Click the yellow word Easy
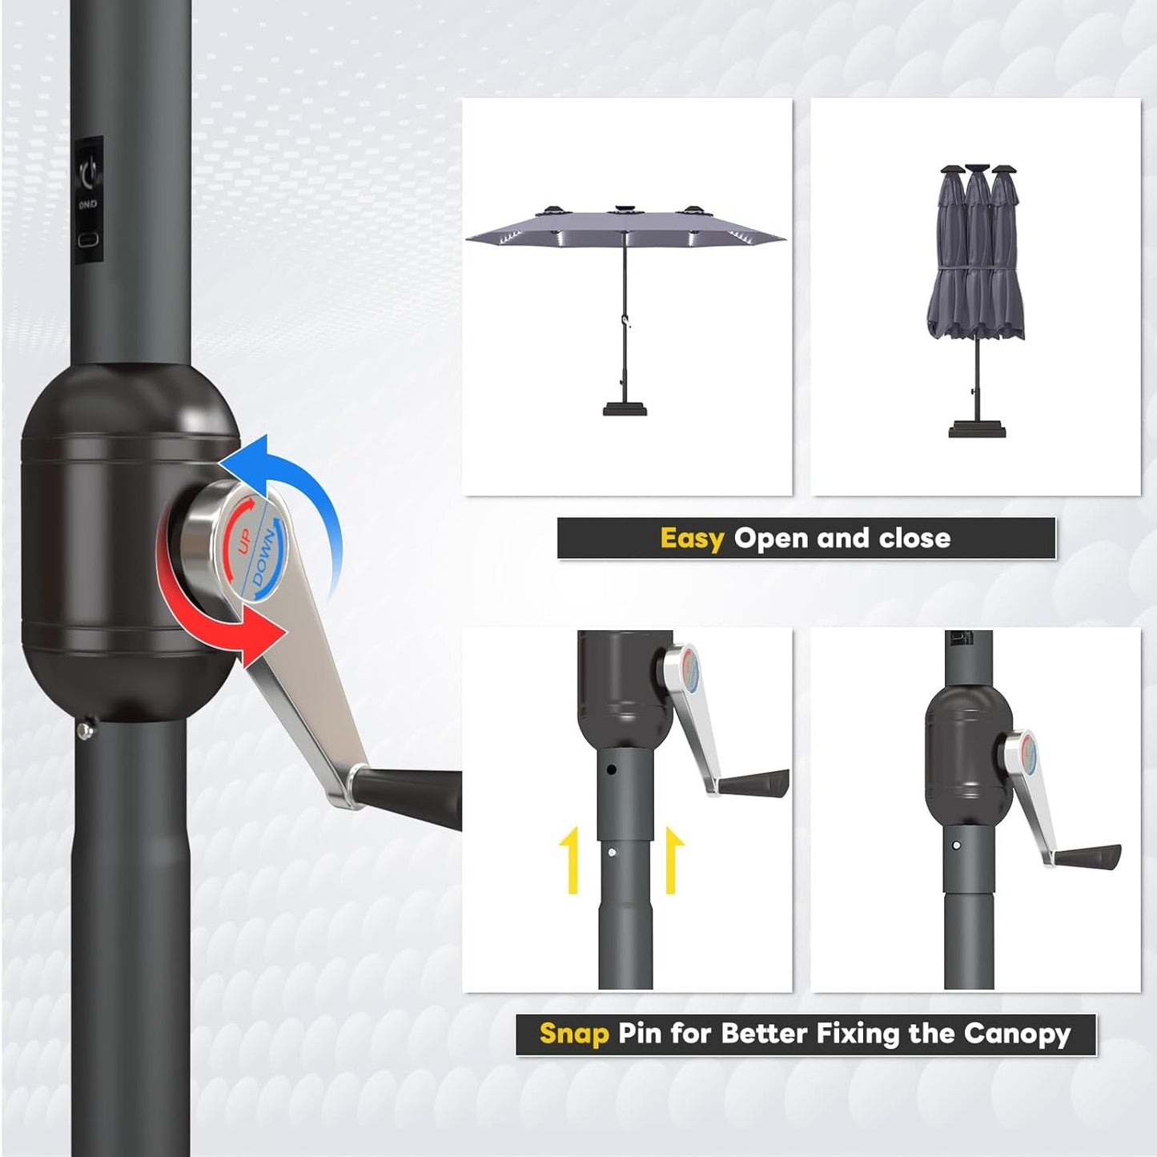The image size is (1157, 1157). point(692,538)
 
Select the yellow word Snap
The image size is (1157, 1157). point(573,1034)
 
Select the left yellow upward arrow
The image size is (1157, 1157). point(572,861)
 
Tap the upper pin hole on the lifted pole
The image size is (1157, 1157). point(611,770)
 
